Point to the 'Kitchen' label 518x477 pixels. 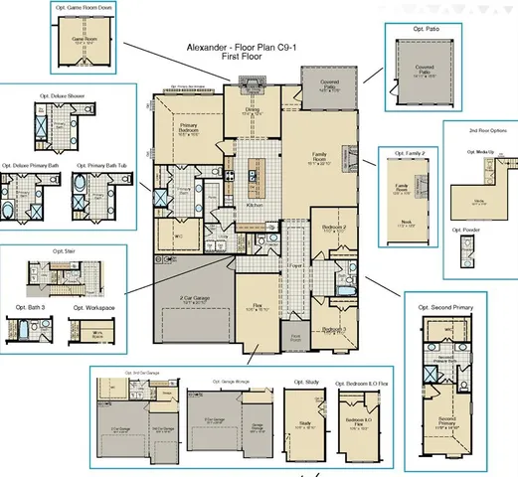coord(255,204)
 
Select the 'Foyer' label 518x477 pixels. coord(295,266)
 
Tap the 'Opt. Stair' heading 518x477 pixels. coord(65,251)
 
